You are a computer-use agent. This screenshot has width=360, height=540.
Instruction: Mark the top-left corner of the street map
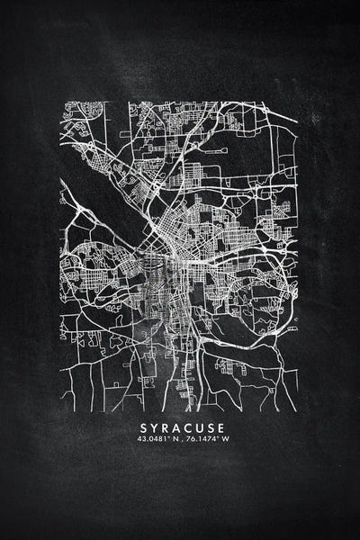coord(61,101)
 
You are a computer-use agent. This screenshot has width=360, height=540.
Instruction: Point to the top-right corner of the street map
coord(299,101)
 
